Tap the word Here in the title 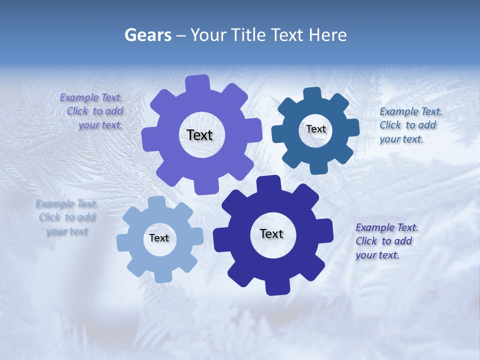pos(328,35)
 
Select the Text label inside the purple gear pos(199,135)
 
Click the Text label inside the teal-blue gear pos(316,129)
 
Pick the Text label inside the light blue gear pos(159,238)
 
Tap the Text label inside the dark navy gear pos(271,233)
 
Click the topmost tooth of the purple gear pos(198,82)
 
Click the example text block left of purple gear pos(92,111)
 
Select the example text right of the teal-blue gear pos(410,125)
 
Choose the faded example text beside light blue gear pos(66,217)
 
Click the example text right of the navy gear pos(386,241)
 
